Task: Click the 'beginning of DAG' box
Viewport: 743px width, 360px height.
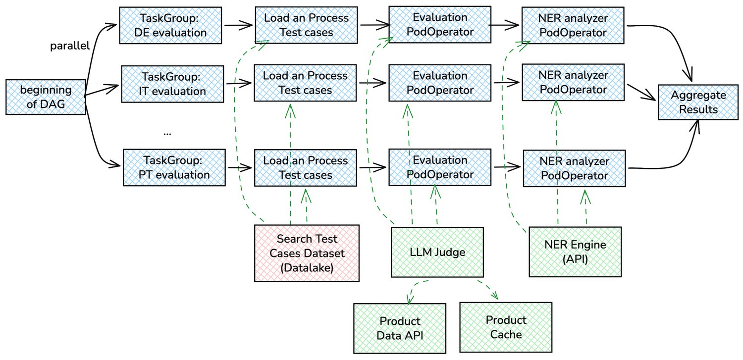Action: tap(46, 98)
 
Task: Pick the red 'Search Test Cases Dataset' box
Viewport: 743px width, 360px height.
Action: tap(307, 253)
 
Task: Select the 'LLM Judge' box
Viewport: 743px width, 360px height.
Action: tap(436, 252)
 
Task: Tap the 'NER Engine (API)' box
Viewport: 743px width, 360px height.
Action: tap(575, 251)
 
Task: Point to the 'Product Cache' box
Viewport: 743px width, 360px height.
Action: tap(506, 327)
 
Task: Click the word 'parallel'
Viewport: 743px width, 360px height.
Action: tap(70, 47)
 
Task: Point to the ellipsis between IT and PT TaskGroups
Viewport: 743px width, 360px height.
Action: tap(167, 133)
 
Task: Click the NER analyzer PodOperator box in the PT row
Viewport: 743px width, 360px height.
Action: tap(573, 168)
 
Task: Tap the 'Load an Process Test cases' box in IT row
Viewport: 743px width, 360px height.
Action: tap(305, 83)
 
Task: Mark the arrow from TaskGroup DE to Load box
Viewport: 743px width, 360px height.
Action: tap(239, 25)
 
